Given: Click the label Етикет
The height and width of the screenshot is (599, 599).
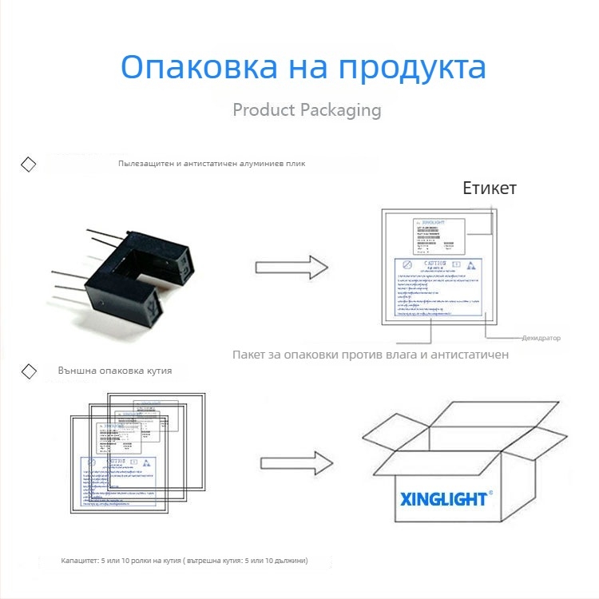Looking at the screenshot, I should [x=490, y=188].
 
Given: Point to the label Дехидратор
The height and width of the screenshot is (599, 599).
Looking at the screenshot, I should [x=541, y=338].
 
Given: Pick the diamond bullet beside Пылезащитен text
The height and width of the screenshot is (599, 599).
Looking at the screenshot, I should [x=28, y=165].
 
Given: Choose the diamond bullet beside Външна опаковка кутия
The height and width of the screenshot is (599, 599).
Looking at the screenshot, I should [x=28, y=371].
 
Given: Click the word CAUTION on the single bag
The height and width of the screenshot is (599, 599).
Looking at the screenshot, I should [x=436, y=263].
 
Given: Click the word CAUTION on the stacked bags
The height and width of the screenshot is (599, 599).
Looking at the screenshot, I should [x=117, y=462].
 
